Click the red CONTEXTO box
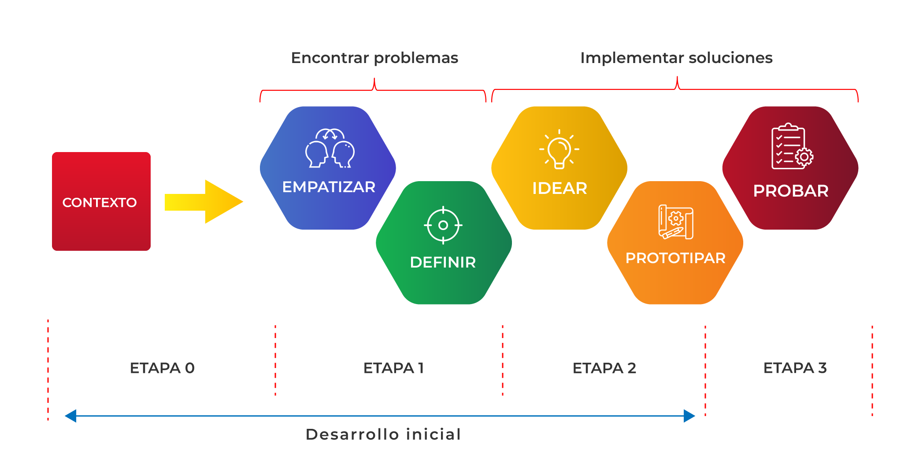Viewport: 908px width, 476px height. point(101,201)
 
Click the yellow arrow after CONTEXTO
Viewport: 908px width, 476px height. point(204,202)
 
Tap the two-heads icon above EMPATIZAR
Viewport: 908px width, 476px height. point(330,148)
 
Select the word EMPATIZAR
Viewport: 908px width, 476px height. point(329,187)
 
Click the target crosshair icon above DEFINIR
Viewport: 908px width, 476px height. point(443,225)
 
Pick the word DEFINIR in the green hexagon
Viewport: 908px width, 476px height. point(443,263)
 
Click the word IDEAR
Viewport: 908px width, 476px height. point(560,189)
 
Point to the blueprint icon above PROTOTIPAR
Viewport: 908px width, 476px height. point(675,222)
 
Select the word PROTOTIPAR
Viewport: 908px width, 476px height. point(675,258)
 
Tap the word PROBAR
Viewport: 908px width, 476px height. point(791,191)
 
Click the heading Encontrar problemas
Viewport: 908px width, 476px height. point(374,58)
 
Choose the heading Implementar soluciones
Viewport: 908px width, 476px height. point(676,58)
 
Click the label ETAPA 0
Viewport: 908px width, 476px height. point(162,368)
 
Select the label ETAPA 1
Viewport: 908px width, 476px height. point(393,368)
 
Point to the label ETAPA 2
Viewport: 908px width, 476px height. point(604,368)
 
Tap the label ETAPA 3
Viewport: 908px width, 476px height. point(795,368)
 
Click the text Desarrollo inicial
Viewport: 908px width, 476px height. point(383,435)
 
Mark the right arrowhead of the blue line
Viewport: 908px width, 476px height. point(690,416)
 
